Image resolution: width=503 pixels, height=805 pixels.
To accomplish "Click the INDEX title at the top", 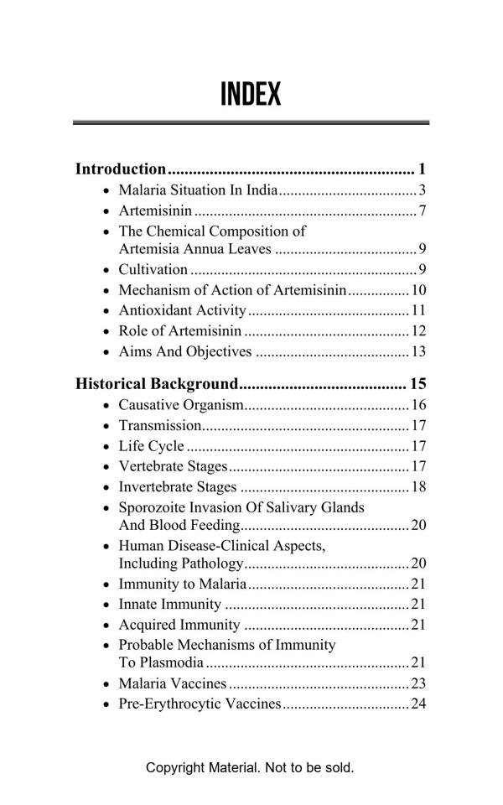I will click(251, 95).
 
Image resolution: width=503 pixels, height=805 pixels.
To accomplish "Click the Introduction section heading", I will click(121, 169).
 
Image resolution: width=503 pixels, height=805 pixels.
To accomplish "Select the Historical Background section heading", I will click(157, 385).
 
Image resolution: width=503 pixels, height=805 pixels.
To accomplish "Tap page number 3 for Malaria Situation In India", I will click(423, 190).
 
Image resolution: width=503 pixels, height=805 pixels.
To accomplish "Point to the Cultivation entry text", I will click(153, 270).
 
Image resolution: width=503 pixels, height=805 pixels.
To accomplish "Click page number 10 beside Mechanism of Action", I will click(419, 291).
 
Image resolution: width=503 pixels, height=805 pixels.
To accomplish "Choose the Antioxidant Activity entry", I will click(182, 311).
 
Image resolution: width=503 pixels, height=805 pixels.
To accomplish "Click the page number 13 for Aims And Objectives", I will click(419, 352).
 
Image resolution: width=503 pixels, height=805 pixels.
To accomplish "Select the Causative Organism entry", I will click(180, 406).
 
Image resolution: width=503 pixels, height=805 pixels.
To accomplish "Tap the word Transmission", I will click(159, 426).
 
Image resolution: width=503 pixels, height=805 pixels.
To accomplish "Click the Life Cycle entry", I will click(151, 447).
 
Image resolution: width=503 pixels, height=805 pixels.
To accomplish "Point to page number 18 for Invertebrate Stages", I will click(419, 487).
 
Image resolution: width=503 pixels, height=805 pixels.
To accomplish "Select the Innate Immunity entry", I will click(170, 605).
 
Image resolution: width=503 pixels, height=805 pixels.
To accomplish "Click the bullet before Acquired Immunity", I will click(106, 626).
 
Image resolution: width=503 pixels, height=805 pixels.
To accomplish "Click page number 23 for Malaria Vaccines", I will click(419, 684).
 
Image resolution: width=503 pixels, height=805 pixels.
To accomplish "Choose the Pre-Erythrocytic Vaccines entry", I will click(200, 704).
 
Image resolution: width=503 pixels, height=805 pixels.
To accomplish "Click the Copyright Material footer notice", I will click(250, 767).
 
